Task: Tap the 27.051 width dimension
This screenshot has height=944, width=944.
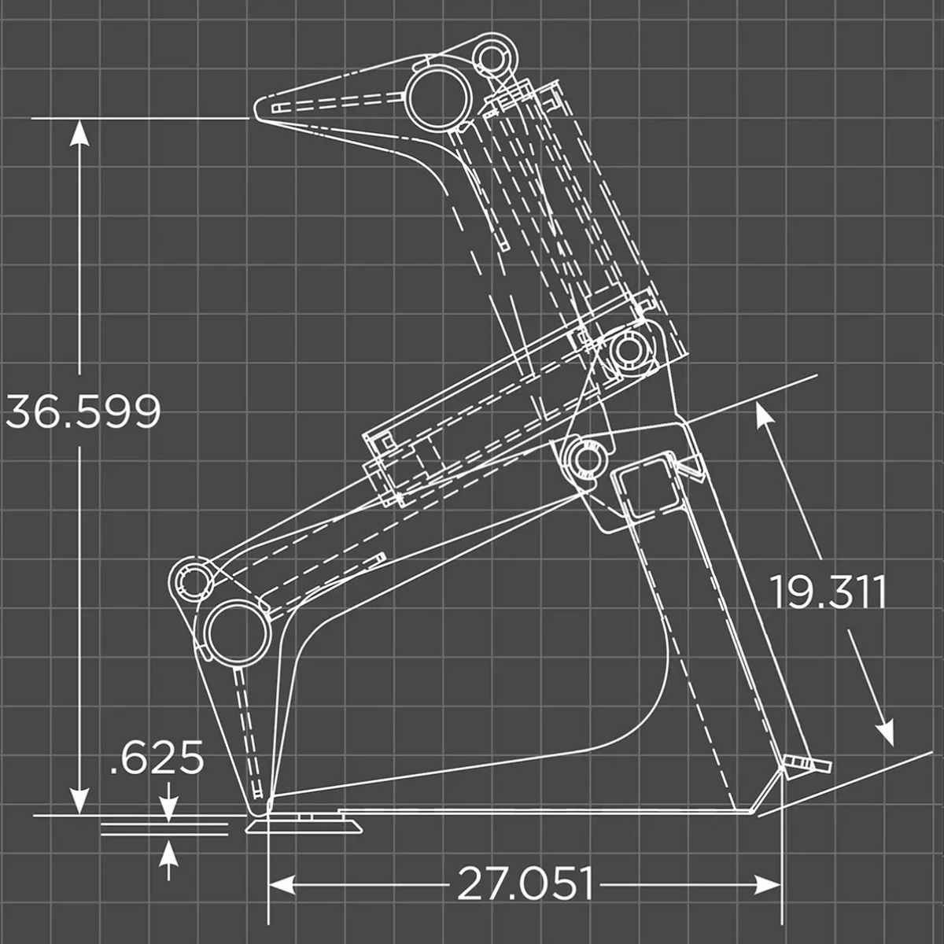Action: point(525,883)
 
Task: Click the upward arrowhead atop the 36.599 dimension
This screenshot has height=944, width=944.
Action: point(78,135)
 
